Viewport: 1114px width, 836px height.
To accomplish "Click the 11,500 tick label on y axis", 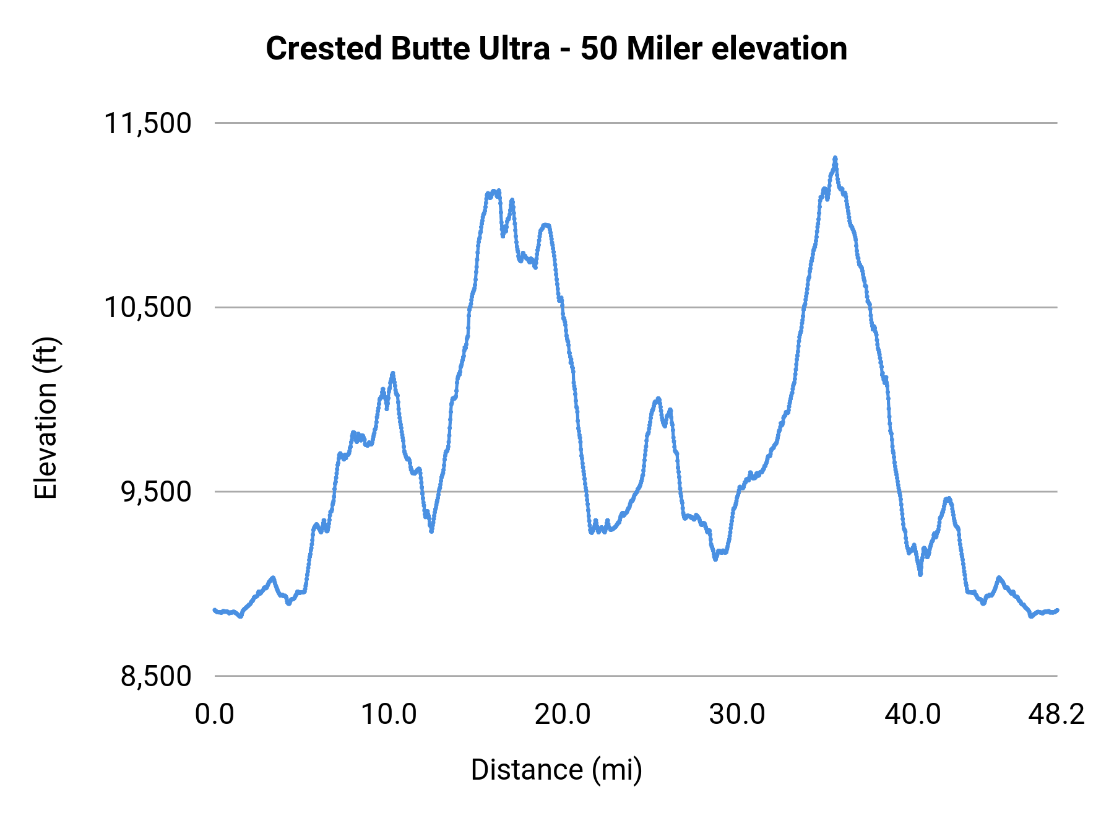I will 147,123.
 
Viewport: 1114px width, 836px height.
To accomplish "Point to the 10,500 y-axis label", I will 147,307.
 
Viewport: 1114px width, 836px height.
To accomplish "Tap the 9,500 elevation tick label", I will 156,492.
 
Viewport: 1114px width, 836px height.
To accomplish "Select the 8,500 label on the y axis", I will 156,676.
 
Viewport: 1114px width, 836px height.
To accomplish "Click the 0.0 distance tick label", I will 215,715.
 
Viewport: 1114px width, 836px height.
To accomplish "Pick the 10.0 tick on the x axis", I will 389,715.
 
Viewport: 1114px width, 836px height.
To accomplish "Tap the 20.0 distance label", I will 563,715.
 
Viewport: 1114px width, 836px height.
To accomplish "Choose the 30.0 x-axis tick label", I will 737,715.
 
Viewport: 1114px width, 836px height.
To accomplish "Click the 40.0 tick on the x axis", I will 912,715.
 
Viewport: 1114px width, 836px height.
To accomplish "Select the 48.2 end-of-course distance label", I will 1056,715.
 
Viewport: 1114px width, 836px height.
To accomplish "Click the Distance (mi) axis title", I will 556,770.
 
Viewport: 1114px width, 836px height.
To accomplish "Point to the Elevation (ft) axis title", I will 46,418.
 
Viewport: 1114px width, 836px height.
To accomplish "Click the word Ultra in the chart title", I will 513,48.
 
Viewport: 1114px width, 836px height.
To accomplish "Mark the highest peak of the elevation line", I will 835,158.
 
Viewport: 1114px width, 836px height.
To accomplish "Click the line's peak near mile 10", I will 392,373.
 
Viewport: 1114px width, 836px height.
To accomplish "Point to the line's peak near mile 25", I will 658,398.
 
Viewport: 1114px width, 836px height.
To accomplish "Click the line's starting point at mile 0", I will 215,610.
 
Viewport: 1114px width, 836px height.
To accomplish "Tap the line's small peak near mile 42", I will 948,498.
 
